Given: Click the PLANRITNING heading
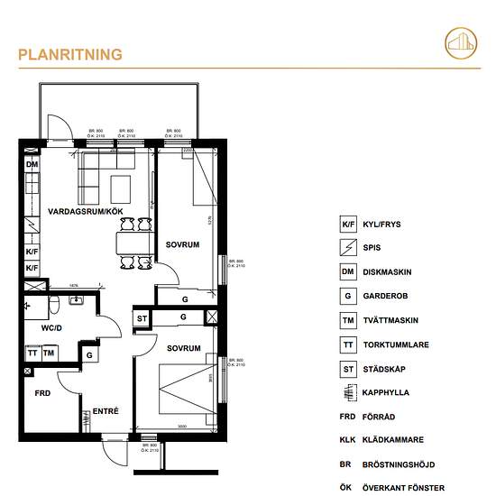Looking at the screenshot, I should (x=70, y=55).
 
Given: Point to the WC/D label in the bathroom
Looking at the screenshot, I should (x=51, y=328).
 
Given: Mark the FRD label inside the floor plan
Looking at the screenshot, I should (x=41, y=394).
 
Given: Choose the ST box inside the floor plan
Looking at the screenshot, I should (x=142, y=318).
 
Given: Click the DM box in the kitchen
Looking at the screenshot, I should (x=32, y=165).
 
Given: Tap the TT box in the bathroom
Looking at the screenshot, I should (x=32, y=353).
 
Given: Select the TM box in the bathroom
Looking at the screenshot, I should (x=49, y=353).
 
